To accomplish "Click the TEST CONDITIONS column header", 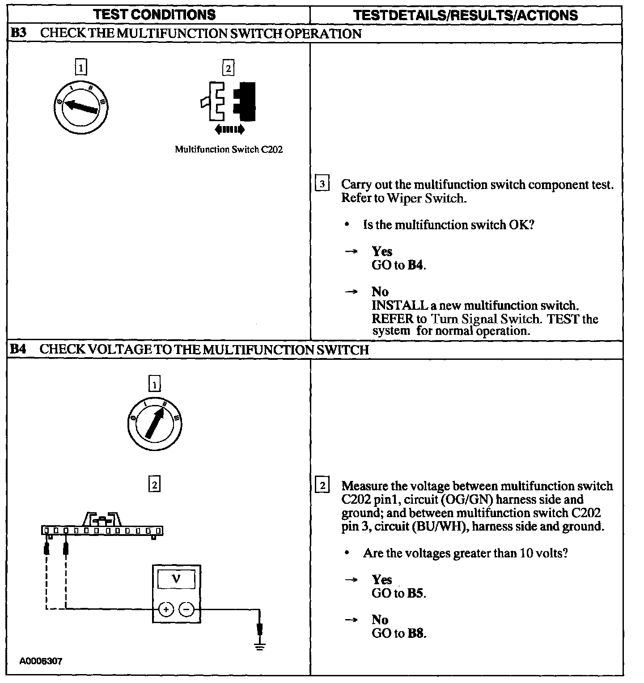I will coord(154,15).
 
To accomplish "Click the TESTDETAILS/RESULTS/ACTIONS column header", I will coord(465,15).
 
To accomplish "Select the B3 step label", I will coord(18,34).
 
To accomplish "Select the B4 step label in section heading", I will coord(18,349).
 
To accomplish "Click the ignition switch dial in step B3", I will coord(81,107).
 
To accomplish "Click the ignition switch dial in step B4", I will coord(154,423).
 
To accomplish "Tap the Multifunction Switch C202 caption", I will coord(229,149).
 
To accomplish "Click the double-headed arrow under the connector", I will coord(229,130).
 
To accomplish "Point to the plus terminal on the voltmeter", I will coord(166,609).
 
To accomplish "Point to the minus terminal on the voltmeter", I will coord(187,609).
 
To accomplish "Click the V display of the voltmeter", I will coord(176,580).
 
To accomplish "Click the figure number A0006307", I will coord(41,661).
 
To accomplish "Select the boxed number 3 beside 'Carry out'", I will coord(322,184).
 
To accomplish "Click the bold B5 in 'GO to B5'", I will coord(416,593).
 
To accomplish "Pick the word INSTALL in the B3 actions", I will coord(400,306).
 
